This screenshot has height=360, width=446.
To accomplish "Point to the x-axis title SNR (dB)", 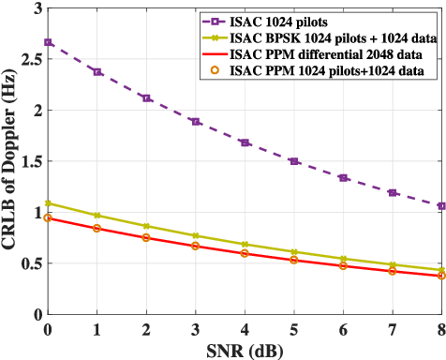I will tap(244, 348).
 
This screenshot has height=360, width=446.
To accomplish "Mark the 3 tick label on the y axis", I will tap(36, 8).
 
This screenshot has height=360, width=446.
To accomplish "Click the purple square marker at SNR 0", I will tap(48, 42).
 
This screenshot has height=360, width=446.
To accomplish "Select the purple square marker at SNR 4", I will tap(244, 142).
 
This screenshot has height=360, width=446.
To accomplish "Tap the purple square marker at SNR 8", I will tap(440, 206).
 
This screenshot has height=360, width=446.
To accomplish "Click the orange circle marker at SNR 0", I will tap(48, 218).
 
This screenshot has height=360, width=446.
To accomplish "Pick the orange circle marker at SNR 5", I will tap(293, 260).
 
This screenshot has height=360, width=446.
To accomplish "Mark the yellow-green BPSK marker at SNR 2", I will tap(146, 226).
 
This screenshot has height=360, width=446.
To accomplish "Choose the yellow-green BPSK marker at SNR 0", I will tap(48, 203).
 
